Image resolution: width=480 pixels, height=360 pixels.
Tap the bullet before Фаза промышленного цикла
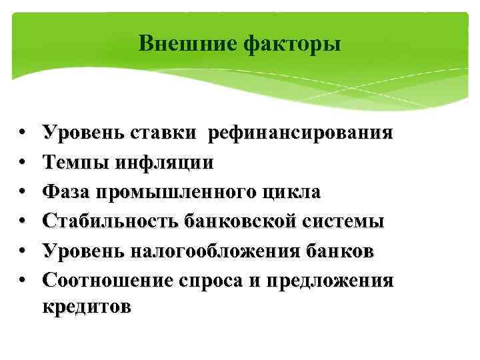(23, 192)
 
